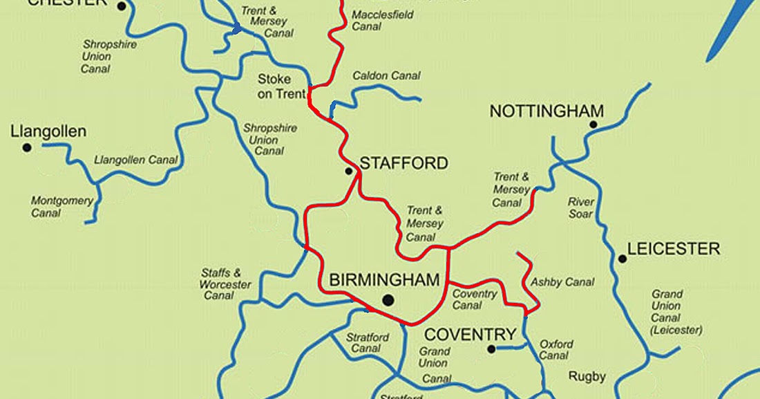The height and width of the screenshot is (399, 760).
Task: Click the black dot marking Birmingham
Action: point(388,300)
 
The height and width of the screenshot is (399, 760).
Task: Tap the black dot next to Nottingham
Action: point(593,124)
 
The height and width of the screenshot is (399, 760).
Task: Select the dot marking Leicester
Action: point(623,259)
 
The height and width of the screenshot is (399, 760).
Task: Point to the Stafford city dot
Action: point(349,171)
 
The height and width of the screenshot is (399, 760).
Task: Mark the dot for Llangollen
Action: point(27,147)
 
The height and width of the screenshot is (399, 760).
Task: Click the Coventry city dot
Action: point(491,349)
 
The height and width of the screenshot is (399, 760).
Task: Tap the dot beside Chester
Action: point(122,6)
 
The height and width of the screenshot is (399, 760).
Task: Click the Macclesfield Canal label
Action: point(376,20)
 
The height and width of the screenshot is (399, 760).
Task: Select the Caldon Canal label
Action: point(386,75)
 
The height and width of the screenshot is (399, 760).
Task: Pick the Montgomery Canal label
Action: point(62,207)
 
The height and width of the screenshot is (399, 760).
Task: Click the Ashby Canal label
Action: point(562,282)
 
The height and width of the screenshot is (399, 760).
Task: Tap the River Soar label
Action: point(581,208)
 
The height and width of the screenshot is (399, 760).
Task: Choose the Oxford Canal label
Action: point(556,350)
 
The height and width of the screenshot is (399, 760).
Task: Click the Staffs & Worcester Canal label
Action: point(225,284)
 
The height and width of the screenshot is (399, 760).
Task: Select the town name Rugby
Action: point(587,377)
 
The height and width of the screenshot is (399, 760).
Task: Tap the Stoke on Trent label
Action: point(282,86)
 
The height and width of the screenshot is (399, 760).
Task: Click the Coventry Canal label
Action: point(474,299)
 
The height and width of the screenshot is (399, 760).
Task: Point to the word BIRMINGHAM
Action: point(384,280)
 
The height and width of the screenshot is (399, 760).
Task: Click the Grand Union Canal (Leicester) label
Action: point(676,312)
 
